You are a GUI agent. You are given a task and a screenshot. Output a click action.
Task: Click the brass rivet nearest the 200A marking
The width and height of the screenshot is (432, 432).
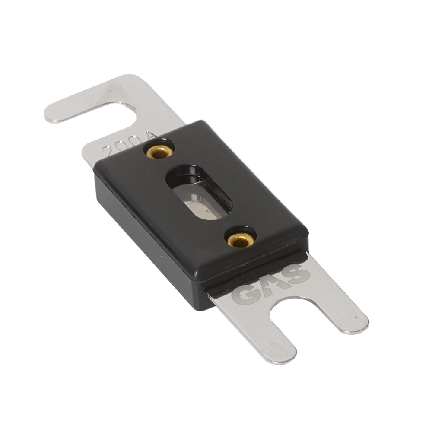(160, 152)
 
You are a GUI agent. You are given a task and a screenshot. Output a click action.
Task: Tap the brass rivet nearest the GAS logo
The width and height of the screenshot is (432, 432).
(241, 239)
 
